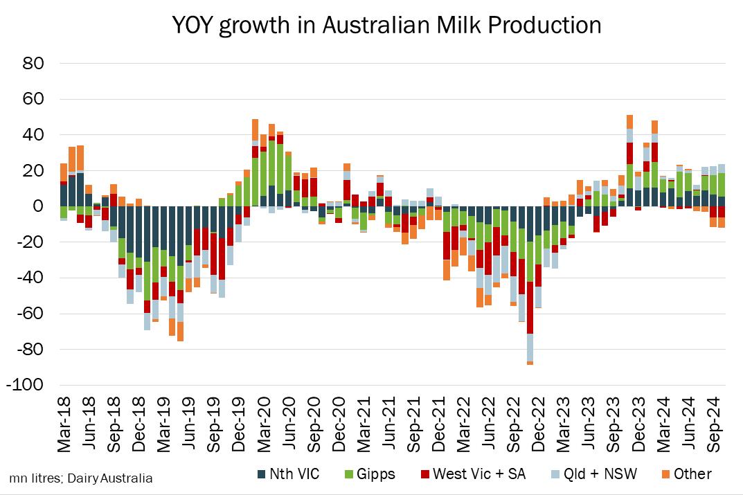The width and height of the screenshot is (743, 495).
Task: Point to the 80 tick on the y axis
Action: point(34,64)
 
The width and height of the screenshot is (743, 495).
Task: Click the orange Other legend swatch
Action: point(665,474)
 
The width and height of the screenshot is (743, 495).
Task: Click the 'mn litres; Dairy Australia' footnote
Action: point(81,478)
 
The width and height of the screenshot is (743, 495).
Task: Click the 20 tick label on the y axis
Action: point(34,171)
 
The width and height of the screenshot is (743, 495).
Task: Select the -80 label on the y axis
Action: point(30,350)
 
